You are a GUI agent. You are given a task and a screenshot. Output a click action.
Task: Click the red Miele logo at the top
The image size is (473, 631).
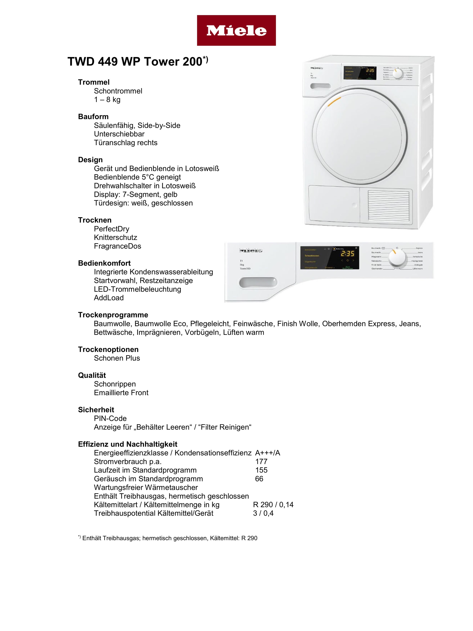click(x=236, y=30)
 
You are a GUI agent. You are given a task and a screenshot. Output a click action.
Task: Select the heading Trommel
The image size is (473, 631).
click(x=94, y=82)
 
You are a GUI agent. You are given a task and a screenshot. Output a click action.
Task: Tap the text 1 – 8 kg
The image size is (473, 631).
click(x=107, y=100)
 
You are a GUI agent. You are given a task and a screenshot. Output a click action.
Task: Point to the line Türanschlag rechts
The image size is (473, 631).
click(x=125, y=143)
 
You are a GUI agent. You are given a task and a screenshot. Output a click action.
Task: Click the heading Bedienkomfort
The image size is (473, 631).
click(x=104, y=263)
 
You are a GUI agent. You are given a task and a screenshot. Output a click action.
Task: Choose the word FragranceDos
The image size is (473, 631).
click(x=118, y=246)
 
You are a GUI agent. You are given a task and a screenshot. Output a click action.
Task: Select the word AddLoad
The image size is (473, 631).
click(x=109, y=298)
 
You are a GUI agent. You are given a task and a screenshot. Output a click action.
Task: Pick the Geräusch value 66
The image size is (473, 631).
click(x=259, y=479)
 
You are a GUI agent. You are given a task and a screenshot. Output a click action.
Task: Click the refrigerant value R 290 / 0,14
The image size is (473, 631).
click(x=273, y=505)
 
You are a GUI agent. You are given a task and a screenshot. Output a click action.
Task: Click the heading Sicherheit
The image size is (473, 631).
click(x=96, y=410)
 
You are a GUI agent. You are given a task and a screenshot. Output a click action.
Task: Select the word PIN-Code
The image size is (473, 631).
click(x=110, y=418)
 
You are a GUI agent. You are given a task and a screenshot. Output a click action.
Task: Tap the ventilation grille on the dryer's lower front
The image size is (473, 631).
click(x=388, y=205)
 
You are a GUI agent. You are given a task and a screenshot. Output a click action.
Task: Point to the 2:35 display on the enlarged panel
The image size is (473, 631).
click(x=347, y=254)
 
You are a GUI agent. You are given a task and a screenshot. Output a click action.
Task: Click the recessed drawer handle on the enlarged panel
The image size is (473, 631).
click(x=258, y=283)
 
